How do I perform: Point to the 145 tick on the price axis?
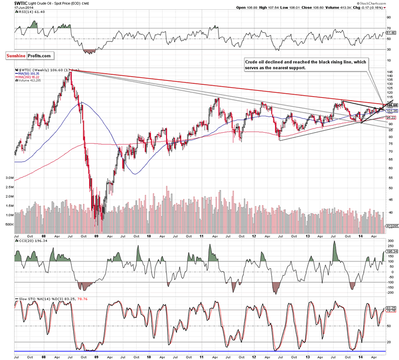tap(389, 72)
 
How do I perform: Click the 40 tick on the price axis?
tap(388, 213)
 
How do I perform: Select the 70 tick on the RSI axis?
tap(388, 29)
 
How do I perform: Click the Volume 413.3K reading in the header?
tap(346, 8)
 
